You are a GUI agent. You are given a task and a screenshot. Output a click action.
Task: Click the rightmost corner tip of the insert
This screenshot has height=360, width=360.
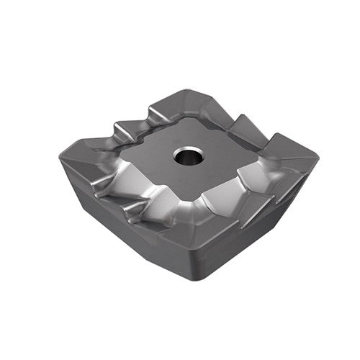pos(317,156)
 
